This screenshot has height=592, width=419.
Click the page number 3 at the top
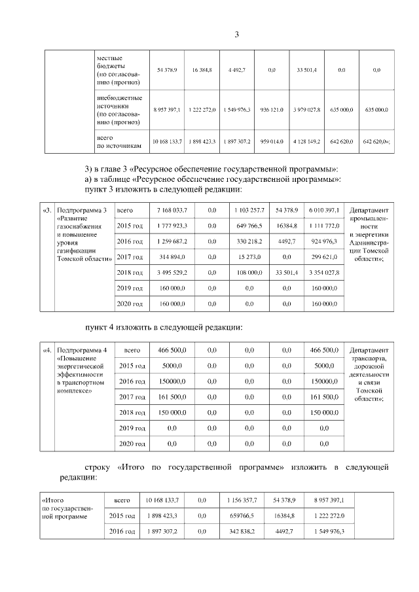tap(237, 35)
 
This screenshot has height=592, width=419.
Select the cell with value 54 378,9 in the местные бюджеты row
tap(168, 69)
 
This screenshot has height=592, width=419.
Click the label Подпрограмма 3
tap(82, 210)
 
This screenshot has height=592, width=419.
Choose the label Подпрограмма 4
tap(82, 350)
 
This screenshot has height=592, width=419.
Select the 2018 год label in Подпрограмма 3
tap(129, 272)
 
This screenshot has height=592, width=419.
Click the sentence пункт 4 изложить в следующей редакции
tap(164, 326)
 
